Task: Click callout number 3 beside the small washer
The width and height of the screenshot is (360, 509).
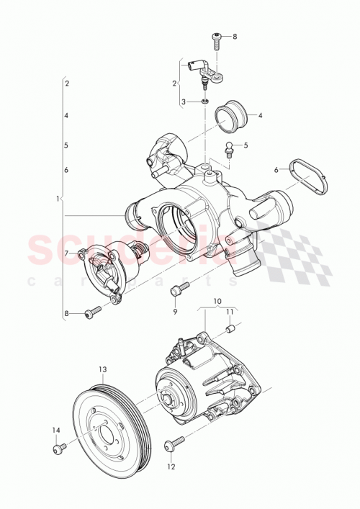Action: click(184, 102)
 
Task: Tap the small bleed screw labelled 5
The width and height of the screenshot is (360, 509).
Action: click(230, 150)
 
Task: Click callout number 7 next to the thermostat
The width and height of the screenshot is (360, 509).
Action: click(66, 253)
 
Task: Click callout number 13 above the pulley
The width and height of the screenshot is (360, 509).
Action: click(102, 369)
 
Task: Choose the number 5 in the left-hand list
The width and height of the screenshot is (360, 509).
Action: click(66, 145)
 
